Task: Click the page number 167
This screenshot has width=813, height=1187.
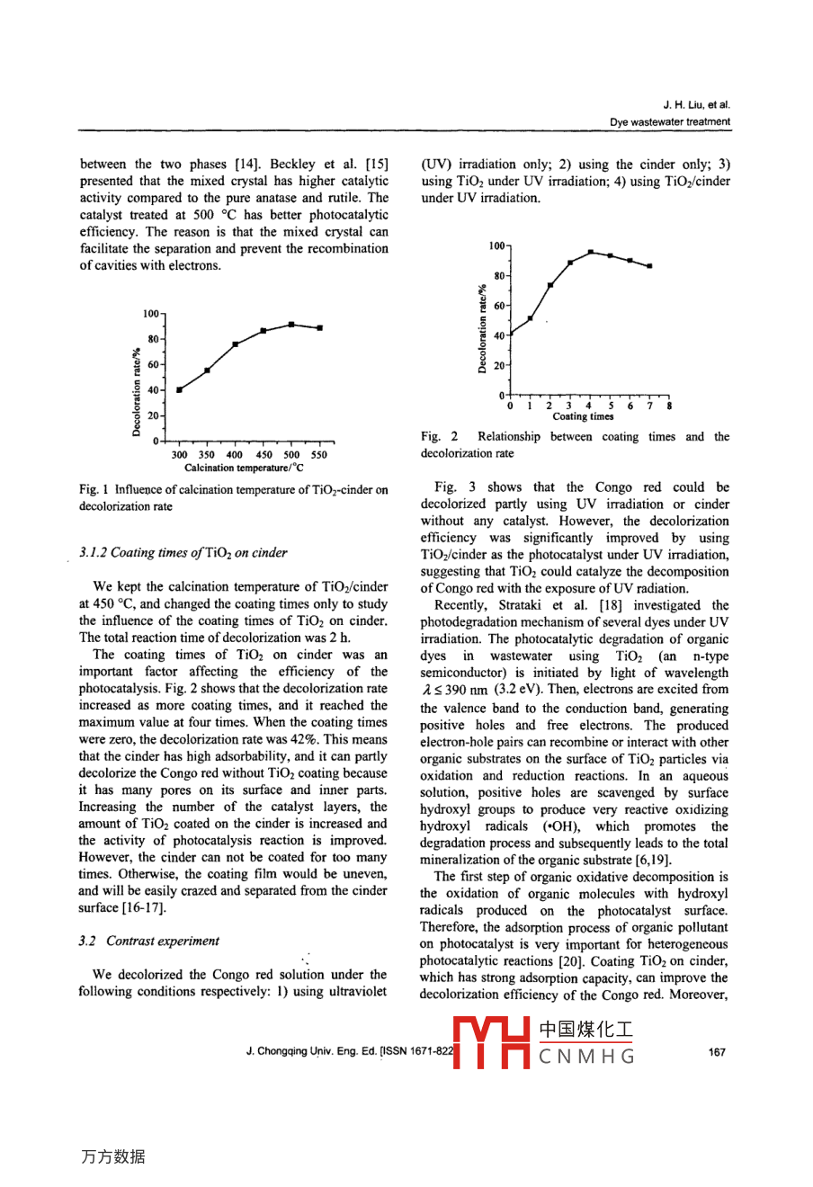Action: click(716, 1052)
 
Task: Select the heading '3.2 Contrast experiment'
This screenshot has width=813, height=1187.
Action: click(148, 942)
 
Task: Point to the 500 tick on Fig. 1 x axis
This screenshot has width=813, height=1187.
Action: click(291, 455)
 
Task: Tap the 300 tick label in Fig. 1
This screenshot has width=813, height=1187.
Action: click(180, 455)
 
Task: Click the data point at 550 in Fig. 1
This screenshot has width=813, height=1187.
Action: click(319, 328)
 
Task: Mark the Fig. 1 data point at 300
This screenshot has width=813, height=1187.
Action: click(179, 389)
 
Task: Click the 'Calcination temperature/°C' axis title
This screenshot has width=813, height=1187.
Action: click(244, 469)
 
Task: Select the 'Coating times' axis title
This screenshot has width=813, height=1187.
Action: click(583, 416)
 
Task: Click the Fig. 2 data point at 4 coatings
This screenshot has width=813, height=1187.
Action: click(590, 252)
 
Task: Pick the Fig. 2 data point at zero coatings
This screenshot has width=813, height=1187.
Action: click(510, 335)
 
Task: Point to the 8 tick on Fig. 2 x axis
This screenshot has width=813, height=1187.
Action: click(670, 406)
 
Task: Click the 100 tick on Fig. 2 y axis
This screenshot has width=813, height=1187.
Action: click(496, 245)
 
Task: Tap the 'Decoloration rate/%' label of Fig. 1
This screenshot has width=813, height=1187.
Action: click(137, 392)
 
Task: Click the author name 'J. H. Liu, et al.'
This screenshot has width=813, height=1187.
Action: click(696, 105)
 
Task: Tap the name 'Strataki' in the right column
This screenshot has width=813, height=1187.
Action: click(516, 606)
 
